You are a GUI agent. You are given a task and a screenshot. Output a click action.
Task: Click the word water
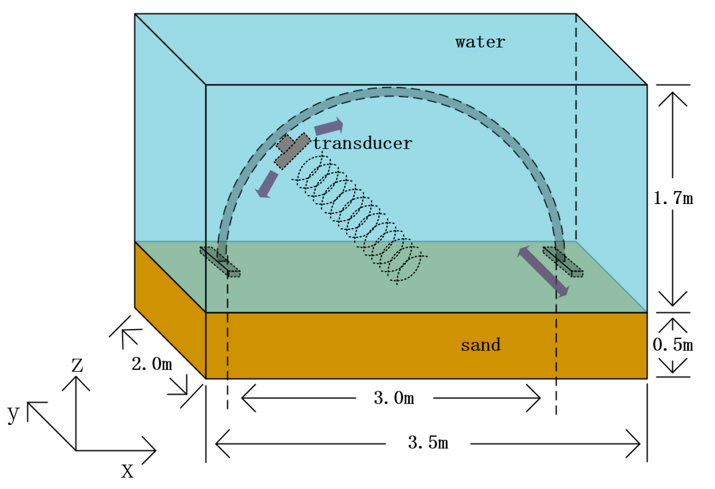(480, 42)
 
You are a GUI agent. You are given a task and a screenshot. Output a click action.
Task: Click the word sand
(480, 345)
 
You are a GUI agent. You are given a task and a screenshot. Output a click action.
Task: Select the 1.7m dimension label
(673, 198)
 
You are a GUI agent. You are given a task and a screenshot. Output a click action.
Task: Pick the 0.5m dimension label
(673, 345)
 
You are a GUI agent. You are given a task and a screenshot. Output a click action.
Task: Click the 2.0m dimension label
(152, 364)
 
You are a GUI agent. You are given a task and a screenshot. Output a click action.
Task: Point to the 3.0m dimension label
(394, 398)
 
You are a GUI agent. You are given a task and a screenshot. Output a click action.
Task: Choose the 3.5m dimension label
(428, 442)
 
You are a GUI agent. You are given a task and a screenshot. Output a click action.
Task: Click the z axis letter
(77, 366)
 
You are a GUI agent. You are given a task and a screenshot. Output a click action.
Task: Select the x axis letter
(127, 471)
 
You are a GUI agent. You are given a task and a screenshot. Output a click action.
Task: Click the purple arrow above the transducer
(328, 126)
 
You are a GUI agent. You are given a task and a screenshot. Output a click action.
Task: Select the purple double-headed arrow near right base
(543, 272)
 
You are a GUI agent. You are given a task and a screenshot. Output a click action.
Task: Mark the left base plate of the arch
(220, 262)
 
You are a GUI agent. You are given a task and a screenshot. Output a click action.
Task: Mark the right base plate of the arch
(563, 262)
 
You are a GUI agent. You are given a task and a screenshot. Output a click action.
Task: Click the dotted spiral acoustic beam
(358, 218)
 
